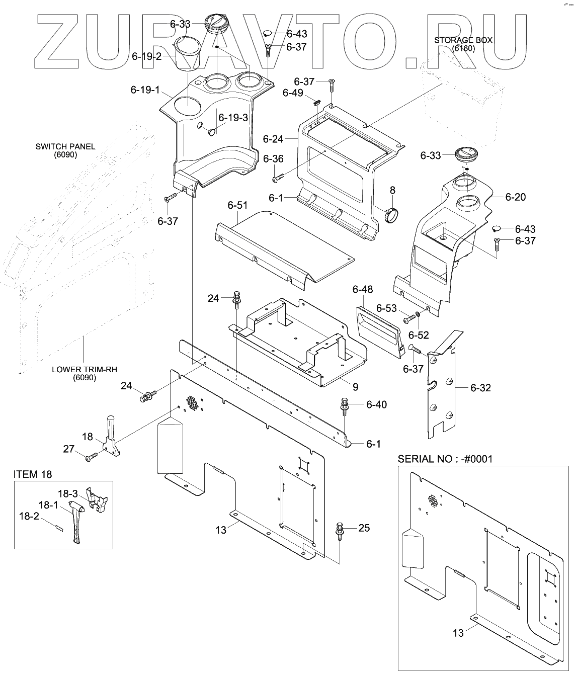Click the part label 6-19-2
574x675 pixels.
(146, 56)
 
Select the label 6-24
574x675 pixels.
(273, 138)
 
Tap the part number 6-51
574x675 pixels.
(237, 205)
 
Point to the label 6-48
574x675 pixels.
(363, 289)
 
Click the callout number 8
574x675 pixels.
(392, 190)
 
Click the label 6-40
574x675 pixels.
(376, 404)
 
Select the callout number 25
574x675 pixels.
(364, 528)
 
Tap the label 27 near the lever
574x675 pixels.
(69, 449)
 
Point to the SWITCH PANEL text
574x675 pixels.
(65, 147)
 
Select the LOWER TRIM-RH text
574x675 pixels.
(85, 369)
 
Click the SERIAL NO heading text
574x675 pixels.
(445, 459)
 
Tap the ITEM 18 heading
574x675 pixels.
(33, 474)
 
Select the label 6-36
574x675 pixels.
(273, 159)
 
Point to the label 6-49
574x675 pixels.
(293, 93)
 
